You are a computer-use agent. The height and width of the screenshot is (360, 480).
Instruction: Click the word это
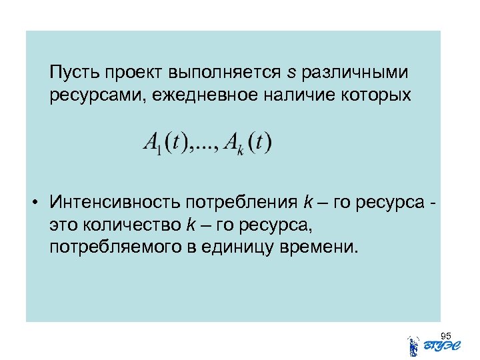pyautogui.click(x=63, y=225)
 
